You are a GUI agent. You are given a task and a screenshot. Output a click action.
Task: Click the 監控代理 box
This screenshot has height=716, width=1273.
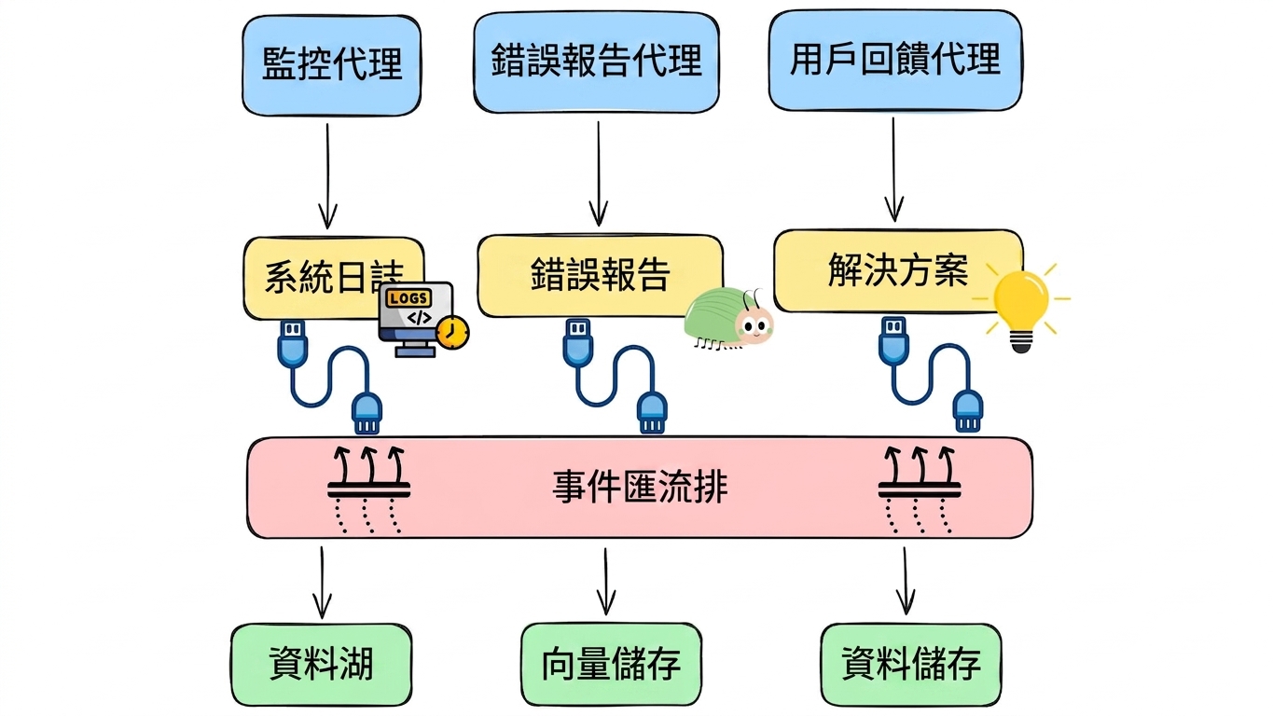(331, 65)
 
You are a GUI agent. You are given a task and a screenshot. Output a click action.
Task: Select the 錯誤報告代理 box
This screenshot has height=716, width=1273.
(596, 62)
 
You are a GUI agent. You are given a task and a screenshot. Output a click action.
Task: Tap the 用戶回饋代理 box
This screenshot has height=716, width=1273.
(895, 60)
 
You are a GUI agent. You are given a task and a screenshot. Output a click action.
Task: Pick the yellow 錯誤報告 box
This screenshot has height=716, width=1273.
(600, 276)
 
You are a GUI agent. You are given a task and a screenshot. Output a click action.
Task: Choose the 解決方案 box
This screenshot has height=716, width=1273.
(897, 270)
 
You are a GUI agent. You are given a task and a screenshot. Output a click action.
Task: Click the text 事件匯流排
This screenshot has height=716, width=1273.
(640, 487)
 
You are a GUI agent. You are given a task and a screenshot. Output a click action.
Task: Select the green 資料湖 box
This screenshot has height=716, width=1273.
(321, 665)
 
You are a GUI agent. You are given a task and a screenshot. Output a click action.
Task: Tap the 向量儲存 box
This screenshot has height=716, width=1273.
(611, 664)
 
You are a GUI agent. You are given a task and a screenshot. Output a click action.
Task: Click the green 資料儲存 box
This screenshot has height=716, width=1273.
(911, 664)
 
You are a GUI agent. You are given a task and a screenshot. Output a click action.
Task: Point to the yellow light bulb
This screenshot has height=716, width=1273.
(1021, 307)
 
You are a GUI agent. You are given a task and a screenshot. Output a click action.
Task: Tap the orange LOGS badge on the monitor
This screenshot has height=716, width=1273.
(408, 297)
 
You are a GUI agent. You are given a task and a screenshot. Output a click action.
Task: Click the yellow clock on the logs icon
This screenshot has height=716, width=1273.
(452, 332)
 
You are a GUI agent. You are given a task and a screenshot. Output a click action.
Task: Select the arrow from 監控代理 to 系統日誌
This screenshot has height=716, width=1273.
(327, 176)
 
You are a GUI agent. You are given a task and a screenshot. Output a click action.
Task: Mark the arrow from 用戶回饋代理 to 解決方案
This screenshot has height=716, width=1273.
(893, 170)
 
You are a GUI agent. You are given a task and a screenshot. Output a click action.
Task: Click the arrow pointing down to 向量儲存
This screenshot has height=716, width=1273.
(606, 582)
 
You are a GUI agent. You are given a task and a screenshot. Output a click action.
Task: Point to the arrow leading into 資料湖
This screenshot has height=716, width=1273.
(322, 583)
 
